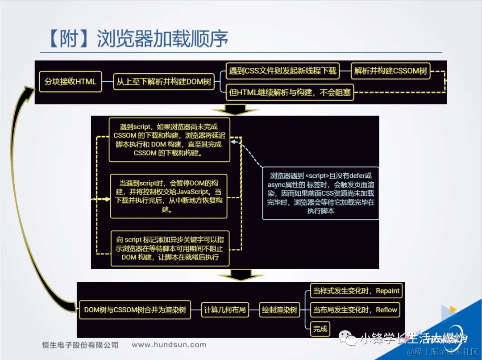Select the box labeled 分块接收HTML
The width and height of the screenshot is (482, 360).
(71, 82)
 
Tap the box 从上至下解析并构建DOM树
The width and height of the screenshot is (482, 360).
(164, 82)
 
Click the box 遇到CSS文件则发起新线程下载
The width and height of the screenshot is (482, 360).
(283, 71)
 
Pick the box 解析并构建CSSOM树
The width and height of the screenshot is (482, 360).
(391, 71)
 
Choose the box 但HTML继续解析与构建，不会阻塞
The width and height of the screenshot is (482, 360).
(290, 93)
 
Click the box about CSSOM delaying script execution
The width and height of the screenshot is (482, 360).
(170, 140)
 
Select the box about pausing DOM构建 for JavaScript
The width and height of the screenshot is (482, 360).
(169, 196)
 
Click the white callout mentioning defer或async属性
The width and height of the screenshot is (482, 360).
(320, 193)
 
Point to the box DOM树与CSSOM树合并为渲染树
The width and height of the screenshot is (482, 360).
(135, 310)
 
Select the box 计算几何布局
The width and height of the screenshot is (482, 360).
(225, 310)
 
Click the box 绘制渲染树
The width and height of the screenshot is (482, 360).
(279, 310)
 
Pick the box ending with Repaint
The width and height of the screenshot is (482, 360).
(356, 291)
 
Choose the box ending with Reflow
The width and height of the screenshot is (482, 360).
(355, 310)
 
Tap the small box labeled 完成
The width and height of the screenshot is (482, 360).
(320, 329)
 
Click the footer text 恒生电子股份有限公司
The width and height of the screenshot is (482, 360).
(80, 345)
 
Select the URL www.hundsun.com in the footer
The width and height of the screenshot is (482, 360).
(169, 345)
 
